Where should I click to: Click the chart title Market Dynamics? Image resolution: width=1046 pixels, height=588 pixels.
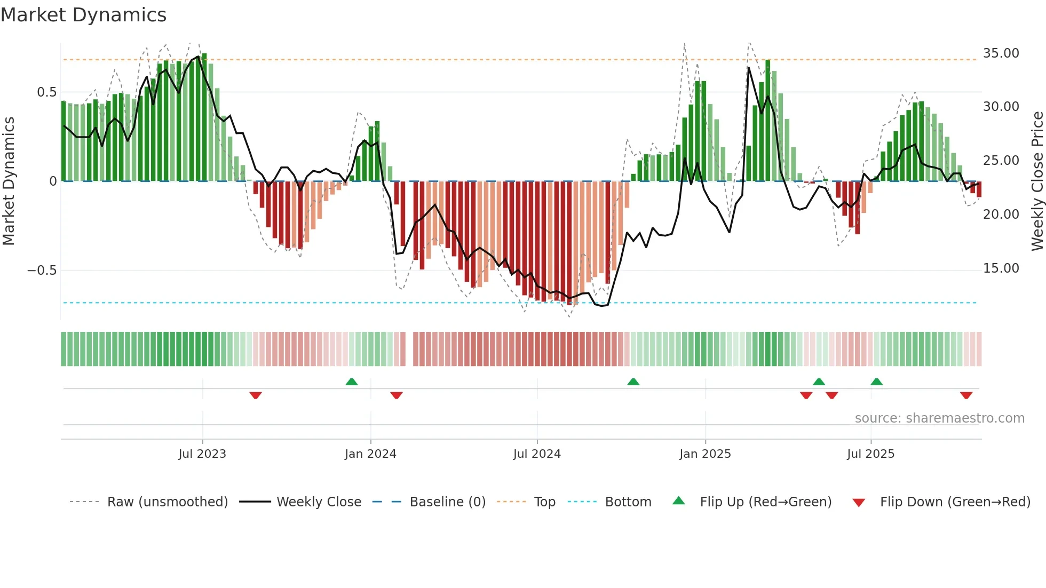click(84, 15)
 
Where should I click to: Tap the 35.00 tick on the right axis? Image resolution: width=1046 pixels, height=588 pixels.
click(1001, 53)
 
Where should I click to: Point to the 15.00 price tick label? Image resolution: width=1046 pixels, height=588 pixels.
click(1001, 268)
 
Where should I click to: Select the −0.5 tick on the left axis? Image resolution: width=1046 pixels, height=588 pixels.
click(42, 271)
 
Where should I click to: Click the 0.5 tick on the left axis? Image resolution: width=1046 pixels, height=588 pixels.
click(46, 92)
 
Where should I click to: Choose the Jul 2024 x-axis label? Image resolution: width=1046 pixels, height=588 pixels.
click(537, 454)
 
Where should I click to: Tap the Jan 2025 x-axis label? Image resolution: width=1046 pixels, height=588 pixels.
click(705, 454)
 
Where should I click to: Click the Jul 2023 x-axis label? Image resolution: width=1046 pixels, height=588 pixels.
click(202, 454)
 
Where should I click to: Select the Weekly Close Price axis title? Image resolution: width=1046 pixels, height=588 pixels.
click(1037, 181)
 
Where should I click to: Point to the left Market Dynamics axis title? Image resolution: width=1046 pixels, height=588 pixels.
click(9, 181)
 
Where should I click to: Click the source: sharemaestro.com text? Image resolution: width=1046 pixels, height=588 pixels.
click(939, 418)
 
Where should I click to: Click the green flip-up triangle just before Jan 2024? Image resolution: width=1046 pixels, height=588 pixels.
click(351, 382)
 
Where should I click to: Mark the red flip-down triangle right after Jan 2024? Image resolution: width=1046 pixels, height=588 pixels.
click(396, 395)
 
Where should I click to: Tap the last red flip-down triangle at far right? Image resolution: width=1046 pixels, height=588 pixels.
click(966, 395)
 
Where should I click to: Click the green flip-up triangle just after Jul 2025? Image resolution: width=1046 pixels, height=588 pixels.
click(876, 382)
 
